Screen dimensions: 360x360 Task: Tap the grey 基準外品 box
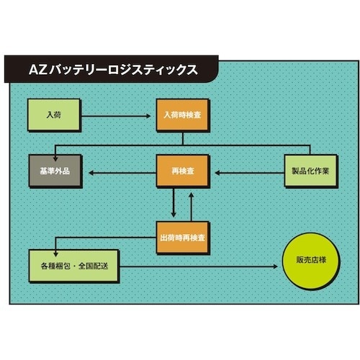click(55, 172)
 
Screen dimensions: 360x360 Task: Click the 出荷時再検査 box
click(183, 237)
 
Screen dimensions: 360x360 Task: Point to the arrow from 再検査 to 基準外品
click(120, 172)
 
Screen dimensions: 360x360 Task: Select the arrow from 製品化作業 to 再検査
click(248, 172)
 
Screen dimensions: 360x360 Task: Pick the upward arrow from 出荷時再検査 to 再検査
click(192, 205)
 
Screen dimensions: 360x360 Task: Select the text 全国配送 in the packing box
click(93, 266)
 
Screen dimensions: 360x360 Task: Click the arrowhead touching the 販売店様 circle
click(274, 266)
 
